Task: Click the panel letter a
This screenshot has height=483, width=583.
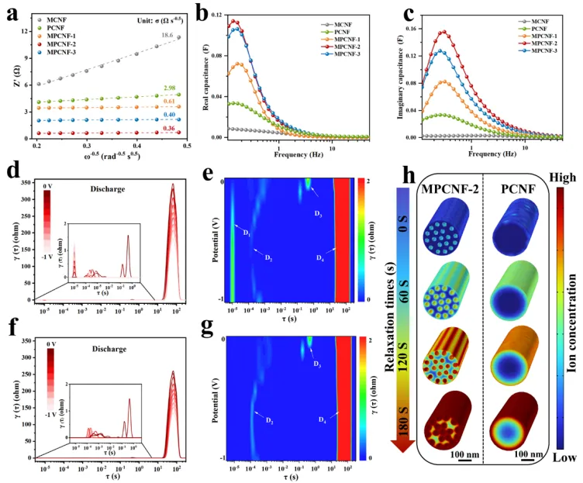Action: (11, 13)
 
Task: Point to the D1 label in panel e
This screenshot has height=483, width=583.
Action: (247, 232)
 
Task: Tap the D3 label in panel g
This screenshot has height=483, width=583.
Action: (316, 364)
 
